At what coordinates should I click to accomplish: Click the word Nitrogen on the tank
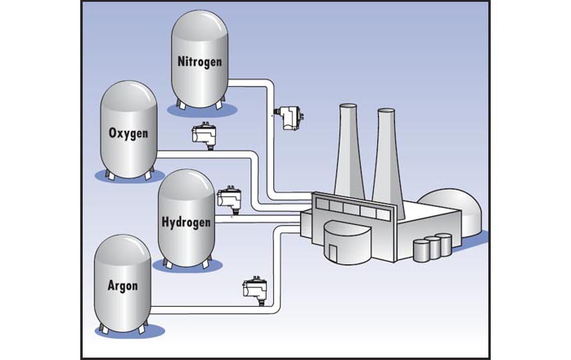coord(200,61)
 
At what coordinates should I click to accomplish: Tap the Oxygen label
coord(128,133)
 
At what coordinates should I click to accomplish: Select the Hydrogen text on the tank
coord(186,222)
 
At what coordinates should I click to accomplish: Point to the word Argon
coord(122,286)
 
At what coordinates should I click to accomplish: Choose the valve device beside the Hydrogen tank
coord(228,199)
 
